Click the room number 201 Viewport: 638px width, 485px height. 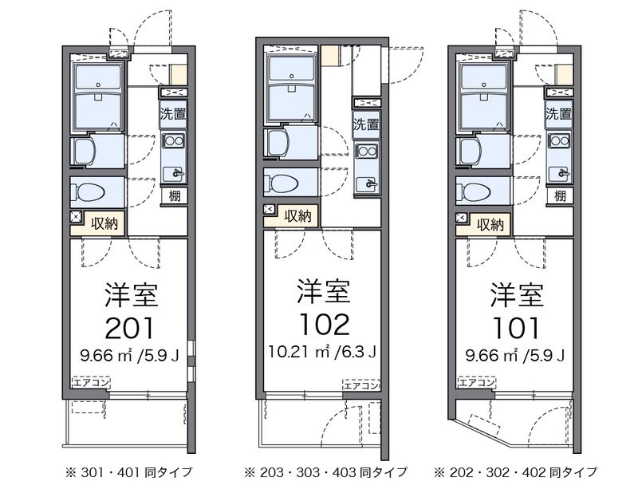click(130, 328)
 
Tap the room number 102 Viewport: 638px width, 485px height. click(324, 325)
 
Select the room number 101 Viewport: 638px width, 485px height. click(516, 328)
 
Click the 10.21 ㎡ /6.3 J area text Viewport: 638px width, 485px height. click(322, 352)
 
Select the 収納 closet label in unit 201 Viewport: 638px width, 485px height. click(104, 223)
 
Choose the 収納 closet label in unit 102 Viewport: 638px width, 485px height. click(297, 215)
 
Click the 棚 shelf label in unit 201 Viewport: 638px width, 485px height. click(175, 196)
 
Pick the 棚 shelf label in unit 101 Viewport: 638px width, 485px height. click(560, 196)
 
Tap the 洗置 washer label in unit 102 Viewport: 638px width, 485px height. click(366, 124)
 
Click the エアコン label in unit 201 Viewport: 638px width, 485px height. click(91, 382)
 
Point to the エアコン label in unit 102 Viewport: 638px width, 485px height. click(361, 385)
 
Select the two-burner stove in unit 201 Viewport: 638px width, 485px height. click(174, 141)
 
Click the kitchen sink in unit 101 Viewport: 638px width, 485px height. click(559, 174)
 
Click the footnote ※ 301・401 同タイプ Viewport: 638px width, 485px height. click(128, 472)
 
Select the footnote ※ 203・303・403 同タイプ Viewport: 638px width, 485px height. click(325, 472)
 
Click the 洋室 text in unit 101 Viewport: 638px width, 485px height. click(517, 294)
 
